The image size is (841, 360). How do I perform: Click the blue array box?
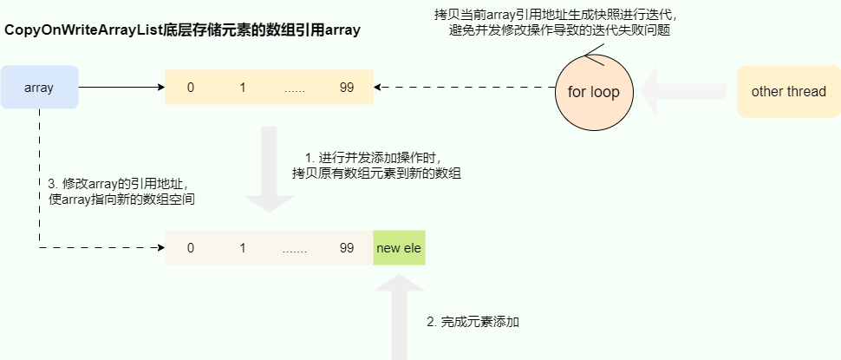click(x=39, y=87)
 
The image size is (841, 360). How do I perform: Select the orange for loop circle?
click(x=594, y=91)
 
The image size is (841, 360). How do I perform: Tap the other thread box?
click(x=789, y=91)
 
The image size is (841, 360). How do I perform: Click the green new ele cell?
click(x=399, y=248)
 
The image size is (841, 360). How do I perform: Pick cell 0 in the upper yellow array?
click(x=191, y=87)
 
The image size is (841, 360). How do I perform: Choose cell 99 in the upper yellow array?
click(x=347, y=87)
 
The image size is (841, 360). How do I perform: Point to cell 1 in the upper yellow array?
click(x=243, y=87)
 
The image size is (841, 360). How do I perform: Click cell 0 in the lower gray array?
click(x=191, y=248)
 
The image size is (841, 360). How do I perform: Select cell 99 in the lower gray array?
click(x=347, y=248)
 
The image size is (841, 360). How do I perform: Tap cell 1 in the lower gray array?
click(x=243, y=248)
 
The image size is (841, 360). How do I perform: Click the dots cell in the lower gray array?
click(x=295, y=248)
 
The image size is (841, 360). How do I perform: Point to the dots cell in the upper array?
click(x=295, y=87)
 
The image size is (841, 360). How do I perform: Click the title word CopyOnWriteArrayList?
click(x=84, y=30)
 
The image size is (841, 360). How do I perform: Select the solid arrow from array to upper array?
click(x=121, y=87)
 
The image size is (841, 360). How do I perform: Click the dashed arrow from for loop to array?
click(x=465, y=87)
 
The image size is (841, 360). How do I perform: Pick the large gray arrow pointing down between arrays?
click(x=269, y=169)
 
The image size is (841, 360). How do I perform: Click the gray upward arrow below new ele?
click(x=399, y=317)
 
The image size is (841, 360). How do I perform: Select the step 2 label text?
click(x=473, y=322)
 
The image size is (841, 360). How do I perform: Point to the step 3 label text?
click(x=121, y=192)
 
